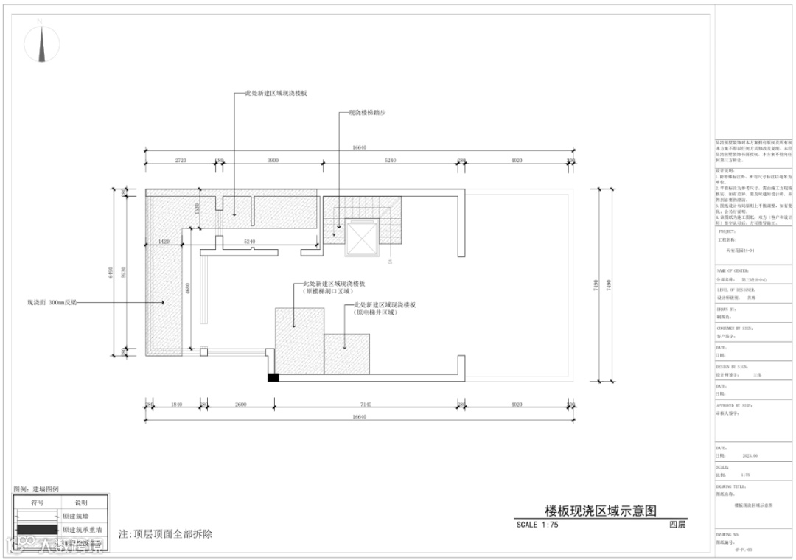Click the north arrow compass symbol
42,45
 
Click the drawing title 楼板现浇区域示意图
600,511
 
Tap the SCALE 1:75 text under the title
538,525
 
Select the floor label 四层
677,525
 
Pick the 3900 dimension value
272,160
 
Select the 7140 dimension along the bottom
367,405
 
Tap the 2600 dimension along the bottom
240,405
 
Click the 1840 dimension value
176,405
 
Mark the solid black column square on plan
273,377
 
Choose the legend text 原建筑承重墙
82,530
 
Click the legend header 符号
37,503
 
